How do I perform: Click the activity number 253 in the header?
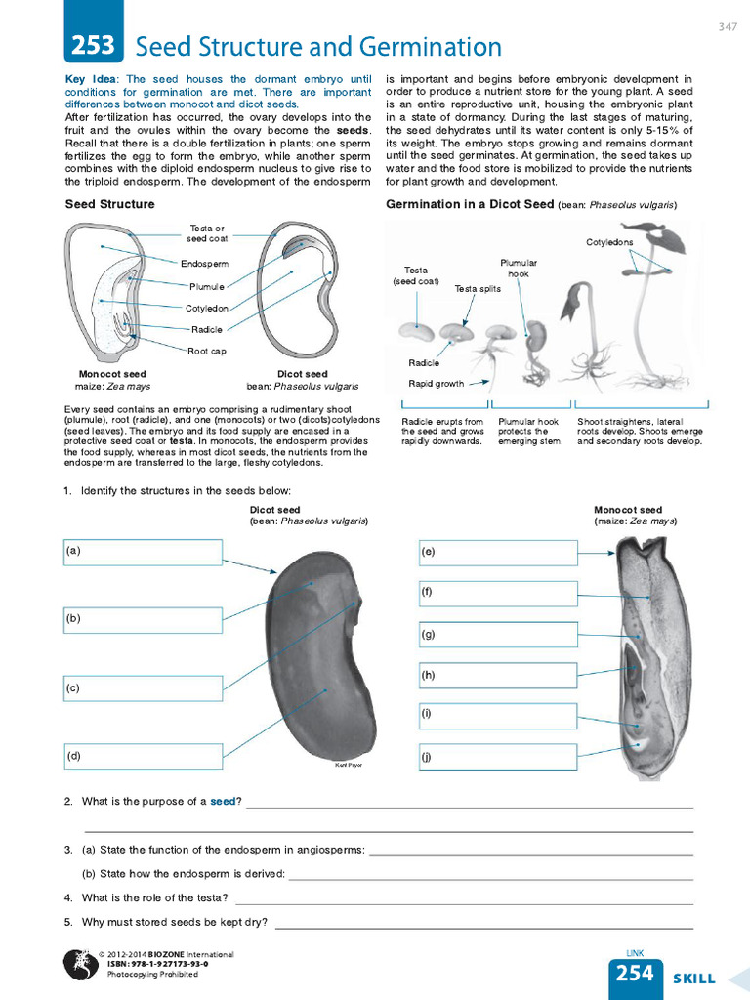click(93, 46)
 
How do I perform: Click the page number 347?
click(727, 26)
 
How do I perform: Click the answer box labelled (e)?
click(498, 553)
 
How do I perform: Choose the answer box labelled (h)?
click(498, 675)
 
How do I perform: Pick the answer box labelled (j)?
click(498, 757)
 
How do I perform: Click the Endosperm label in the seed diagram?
click(205, 264)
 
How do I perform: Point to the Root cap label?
click(207, 351)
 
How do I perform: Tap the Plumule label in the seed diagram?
click(207, 286)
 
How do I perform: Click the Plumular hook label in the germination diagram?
click(519, 269)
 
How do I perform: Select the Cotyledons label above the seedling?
click(609, 242)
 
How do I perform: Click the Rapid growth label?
click(436, 384)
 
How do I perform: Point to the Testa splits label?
click(478, 289)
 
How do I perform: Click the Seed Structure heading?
click(109, 204)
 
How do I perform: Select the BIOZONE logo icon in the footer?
click(79, 965)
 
